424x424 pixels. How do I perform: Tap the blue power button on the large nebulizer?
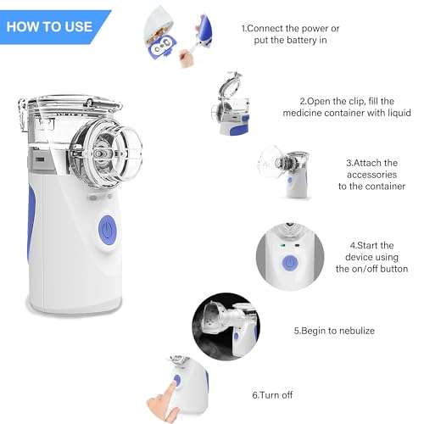[107, 227]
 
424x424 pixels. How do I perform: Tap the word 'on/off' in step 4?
[362, 269]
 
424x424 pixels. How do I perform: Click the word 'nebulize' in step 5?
[354, 331]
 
